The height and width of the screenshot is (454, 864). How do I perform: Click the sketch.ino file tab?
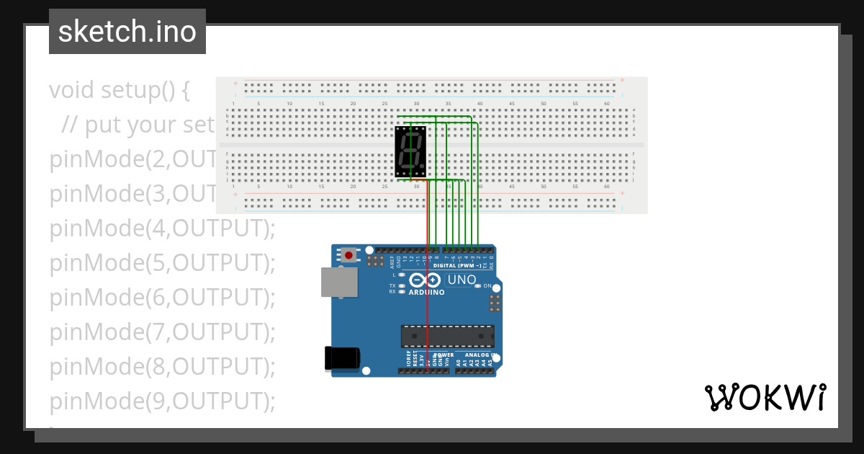coord(127,32)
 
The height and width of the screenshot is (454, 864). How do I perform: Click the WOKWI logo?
coord(765,398)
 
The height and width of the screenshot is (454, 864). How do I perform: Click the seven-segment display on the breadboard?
coord(410,151)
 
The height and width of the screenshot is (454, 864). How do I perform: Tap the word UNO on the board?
coord(462,280)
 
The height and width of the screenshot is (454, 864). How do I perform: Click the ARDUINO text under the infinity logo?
coord(426,293)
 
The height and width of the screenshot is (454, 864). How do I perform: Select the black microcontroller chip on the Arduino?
coord(447,336)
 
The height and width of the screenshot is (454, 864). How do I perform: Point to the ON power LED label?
coord(487,286)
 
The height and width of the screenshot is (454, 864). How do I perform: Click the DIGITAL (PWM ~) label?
coord(457,266)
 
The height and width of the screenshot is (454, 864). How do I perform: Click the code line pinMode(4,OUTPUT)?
coord(163,228)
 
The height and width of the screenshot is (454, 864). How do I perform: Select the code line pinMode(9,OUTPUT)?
coord(163,401)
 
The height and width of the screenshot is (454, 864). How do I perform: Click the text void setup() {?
coord(120,90)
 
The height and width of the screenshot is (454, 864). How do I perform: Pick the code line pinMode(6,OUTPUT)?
coord(163,297)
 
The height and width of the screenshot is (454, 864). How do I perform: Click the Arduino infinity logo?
coord(424,280)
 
